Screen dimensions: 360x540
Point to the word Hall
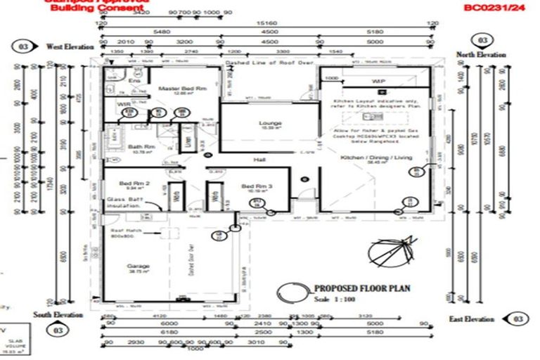tap(259, 160)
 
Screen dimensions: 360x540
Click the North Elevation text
tap(482, 55)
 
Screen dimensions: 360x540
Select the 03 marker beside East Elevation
tap(518, 319)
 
